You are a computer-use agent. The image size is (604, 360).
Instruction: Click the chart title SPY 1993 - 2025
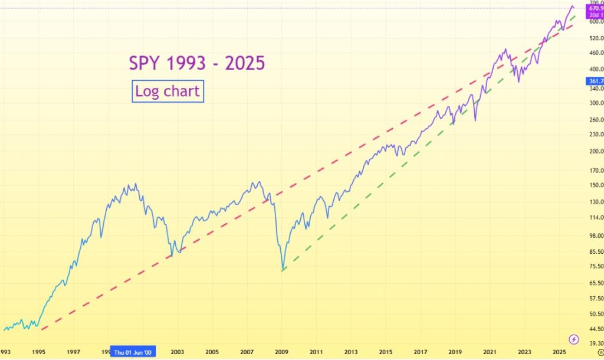[x=197, y=63]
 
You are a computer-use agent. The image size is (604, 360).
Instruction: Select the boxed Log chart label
[x=168, y=91]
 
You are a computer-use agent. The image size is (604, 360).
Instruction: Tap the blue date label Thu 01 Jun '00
[x=133, y=352]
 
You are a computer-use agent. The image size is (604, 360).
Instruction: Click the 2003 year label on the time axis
[x=176, y=352]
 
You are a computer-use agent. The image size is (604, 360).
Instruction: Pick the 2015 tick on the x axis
[x=386, y=352]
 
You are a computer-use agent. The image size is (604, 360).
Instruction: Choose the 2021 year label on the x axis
[x=490, y=352]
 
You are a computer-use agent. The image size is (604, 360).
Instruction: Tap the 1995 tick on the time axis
[x=38, y=352]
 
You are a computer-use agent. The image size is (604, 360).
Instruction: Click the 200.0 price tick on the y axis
[x=595, y=151]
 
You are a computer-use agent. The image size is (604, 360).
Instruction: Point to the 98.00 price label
[x=595, y=235]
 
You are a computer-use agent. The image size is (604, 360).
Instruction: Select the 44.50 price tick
[x=595, y=329]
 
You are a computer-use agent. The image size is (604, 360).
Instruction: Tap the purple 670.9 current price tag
[x=595, y=9]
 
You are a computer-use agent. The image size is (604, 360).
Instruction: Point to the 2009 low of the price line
[x=283, y=269]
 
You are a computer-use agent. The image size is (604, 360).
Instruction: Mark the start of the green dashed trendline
[x=283, y=270]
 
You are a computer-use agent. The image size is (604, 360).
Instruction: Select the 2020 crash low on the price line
[x=475, y=120]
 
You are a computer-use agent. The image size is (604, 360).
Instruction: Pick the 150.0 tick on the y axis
[x=595, y=185]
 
